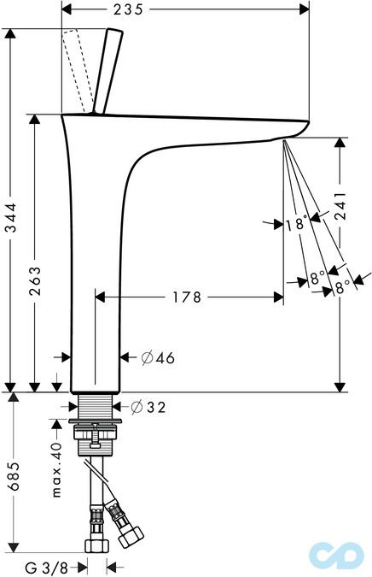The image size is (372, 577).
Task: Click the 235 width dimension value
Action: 128,9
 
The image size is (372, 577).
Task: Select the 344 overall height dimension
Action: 11,217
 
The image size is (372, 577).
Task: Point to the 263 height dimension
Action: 35,281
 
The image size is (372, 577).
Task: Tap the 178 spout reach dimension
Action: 188,297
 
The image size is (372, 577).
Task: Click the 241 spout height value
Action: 340,205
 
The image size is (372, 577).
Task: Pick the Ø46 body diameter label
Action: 159,357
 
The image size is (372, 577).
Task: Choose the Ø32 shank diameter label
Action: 148,407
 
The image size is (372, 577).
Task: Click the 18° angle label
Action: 296,223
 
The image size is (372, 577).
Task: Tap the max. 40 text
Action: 56,470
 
